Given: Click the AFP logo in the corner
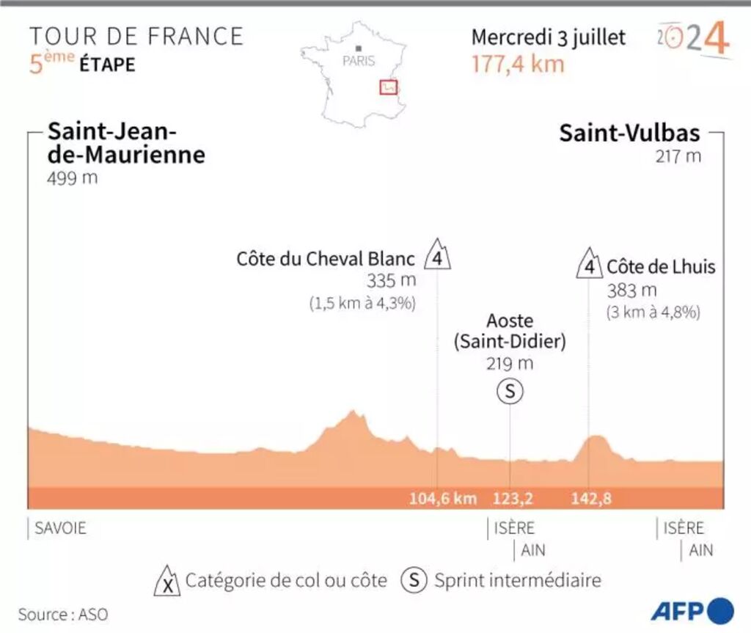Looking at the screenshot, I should (x=691, y=610).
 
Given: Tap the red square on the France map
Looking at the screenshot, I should (x=388, y=87).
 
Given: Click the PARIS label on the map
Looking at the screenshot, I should (x=359, y=62).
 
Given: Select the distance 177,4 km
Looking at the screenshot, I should (x=518, y=64).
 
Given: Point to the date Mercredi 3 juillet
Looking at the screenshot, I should (x=549, y=37).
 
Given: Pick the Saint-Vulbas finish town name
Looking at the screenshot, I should (x=629, y=133).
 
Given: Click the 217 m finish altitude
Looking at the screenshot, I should (x=679, y=156).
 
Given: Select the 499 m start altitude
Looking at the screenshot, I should (x=73, y=178).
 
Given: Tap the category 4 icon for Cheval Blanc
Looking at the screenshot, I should (x=437, y=256).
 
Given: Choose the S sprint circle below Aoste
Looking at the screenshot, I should (x=510, y=392).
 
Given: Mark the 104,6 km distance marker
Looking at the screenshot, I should (x=443, y=499).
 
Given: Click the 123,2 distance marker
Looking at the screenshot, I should (x=513, y=499).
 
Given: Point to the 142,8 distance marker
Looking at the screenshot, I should (x=591, y=499).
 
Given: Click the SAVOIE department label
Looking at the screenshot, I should (x=60, y=528).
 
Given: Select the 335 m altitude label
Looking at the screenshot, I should (x=392, y=280).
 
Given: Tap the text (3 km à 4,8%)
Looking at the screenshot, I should (x=653, y=312).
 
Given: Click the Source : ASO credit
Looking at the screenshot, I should (x=58, y=614).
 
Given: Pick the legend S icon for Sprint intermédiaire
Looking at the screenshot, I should (x=414, y=581).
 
